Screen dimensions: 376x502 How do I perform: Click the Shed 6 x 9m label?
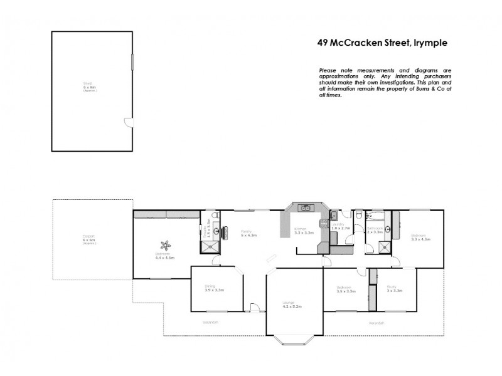90,87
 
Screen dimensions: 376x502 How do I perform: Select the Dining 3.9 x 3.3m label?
214,289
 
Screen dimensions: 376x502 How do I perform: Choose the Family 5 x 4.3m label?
249,232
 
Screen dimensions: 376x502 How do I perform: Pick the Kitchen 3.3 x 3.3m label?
304,231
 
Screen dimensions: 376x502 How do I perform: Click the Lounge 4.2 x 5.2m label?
292,305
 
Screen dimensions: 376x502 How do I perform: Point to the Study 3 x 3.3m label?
395,290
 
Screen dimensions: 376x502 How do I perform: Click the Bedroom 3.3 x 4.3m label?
420,238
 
